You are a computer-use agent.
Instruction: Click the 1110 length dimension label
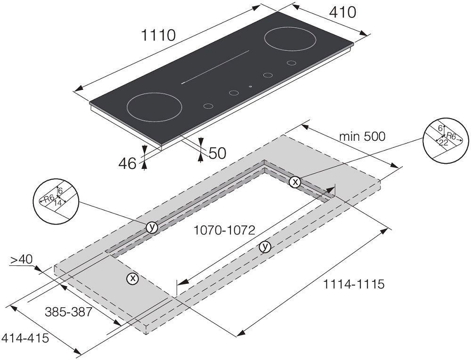(158, 36)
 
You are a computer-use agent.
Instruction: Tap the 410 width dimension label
(342, 12)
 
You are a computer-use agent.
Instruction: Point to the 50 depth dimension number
(217, 153)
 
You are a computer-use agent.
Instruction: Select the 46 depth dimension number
(127, 163)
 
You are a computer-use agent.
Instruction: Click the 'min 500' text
(362, 136)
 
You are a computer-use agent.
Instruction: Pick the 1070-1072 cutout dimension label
(224, 230)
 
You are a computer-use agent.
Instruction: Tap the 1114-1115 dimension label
(354, 284)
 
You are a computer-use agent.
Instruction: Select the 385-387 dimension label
(68, 312)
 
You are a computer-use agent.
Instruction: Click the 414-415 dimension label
(25, 338)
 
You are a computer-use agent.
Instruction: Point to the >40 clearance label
(21, 260)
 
